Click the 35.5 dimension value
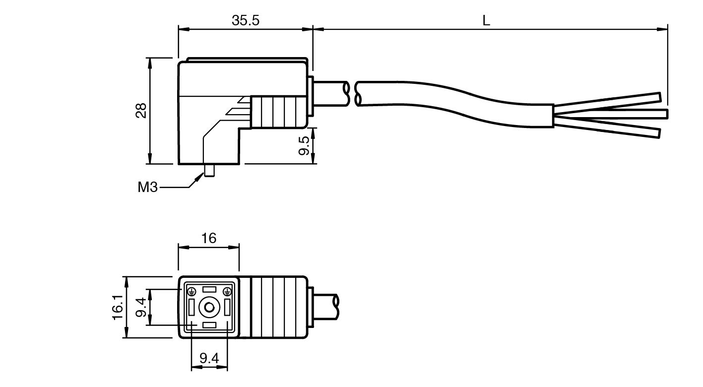(246, 20)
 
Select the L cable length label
(486, 20)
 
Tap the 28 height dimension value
(141, 110)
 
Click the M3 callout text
(147, 188)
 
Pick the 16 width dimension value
(209, 238)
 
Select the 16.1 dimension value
(117, 307)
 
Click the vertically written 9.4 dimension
(141, 308)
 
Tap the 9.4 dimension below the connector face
(209, 358)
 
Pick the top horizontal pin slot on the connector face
(209, 289)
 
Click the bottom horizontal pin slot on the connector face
(209, 325)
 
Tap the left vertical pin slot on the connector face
(191, 308)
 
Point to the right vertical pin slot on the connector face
(227, 308)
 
